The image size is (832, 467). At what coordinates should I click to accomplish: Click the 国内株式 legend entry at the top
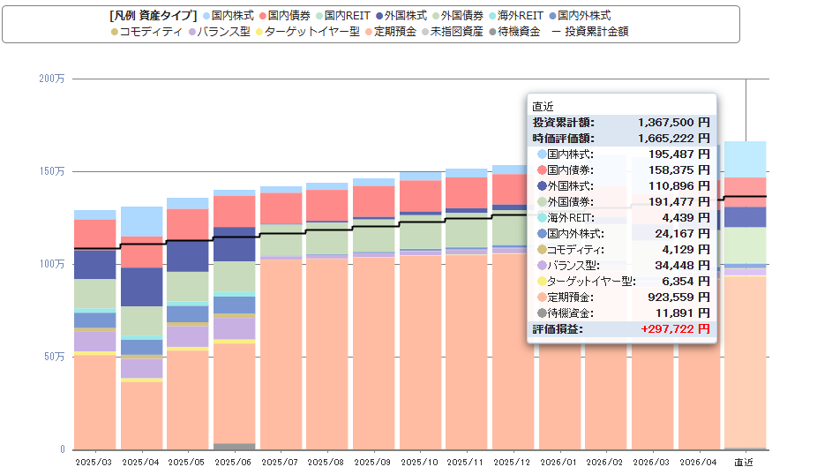tap(229, 16)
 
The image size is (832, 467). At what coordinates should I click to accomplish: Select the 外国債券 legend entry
tap(458, 16)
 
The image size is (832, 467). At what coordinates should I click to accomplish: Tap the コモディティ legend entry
tap(146, 32)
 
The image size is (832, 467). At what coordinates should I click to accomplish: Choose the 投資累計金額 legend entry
tap(590, 32)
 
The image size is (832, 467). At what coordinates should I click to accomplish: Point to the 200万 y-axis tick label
tap(51, 79)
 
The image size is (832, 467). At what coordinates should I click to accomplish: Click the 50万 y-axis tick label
tap(54, 357)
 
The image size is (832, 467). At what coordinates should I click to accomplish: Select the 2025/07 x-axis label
tap(280, 462)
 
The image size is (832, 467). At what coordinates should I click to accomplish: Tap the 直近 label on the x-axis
tap(744, 462)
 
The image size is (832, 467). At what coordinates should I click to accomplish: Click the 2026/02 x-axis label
tap(604, 462)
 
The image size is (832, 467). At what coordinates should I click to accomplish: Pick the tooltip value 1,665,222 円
tap(673, 139)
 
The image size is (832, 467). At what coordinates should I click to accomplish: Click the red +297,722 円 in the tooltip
tap(675, 329)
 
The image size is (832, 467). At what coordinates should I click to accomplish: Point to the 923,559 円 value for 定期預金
tap(678, 298)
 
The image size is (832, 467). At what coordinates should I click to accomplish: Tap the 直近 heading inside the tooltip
tap(543, 107)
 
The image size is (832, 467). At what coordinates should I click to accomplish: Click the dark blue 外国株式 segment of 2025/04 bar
tap(142, 287)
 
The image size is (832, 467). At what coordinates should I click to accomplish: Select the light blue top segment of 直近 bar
tap(745, 159)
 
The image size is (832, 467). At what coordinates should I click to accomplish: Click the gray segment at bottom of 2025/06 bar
tap(235, 447)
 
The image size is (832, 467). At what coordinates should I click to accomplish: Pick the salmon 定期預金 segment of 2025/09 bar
tap(373, 353)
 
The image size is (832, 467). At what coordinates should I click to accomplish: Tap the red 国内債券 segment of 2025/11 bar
tap(467, 192)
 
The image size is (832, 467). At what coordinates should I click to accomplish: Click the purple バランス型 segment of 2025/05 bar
tap(188, 336)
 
